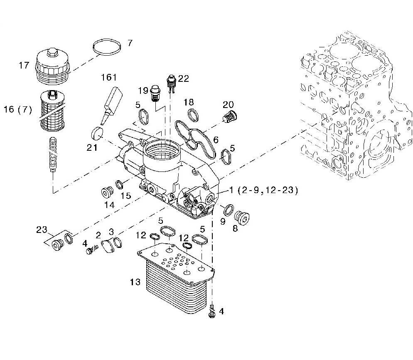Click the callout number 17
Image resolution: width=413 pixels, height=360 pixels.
point(24,65)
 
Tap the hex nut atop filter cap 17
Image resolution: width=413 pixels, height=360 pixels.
point(52,52)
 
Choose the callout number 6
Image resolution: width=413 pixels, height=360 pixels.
point(216,140)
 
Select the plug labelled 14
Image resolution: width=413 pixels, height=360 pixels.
point(108,193)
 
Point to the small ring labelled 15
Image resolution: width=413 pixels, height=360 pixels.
point(119,183)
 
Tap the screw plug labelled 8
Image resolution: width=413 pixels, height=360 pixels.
point(241,218)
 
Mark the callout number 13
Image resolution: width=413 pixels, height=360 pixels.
point(135,282)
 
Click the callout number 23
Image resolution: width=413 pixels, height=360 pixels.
point(42,230)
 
